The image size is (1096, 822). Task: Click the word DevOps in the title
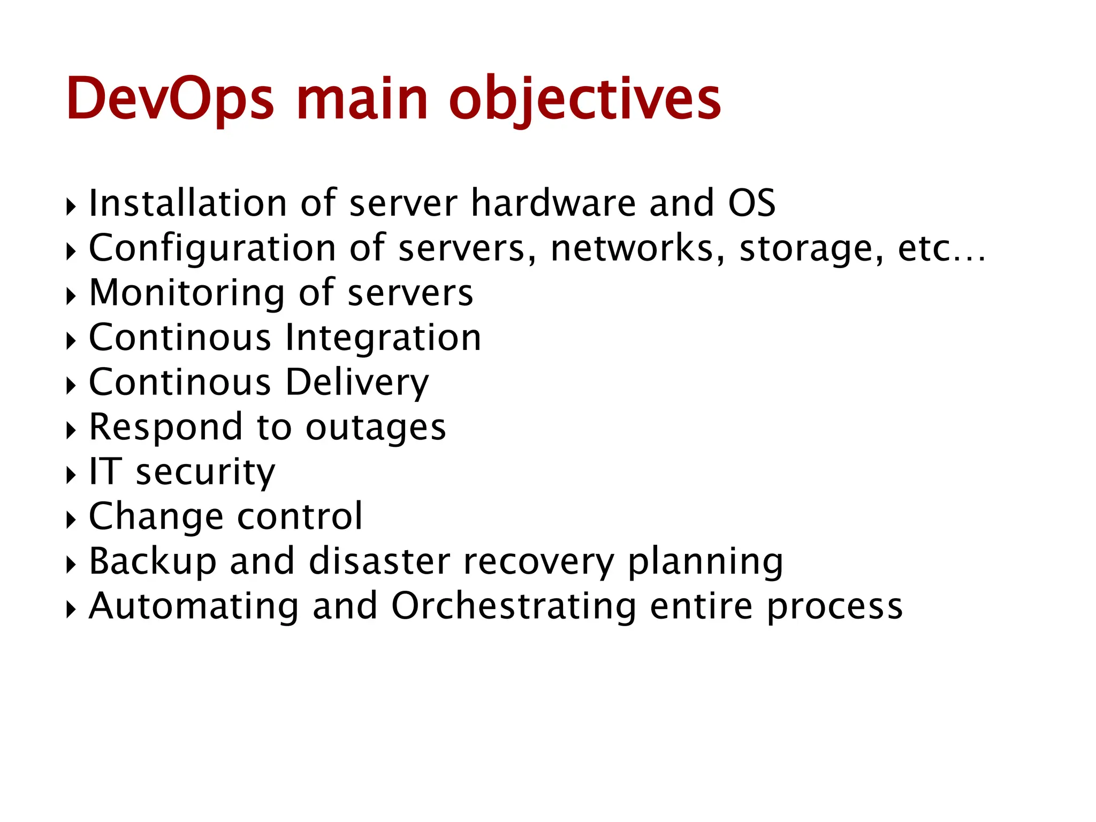(170, 99)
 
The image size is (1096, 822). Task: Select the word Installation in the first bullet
(188, 203)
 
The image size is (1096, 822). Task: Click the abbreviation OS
(751, 203)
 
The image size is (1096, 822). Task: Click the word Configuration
(212, 249)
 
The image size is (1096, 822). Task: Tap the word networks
(637, 249)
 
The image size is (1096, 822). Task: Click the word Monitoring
(187, 294)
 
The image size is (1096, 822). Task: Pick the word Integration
(383, 339)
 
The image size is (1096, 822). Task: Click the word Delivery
(357, 384)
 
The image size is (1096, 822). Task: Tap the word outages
(376, 428)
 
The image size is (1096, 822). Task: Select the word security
(205, 473)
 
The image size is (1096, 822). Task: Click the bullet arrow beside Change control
(71, 519)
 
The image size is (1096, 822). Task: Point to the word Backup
(153, 562)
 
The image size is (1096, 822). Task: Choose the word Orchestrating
(513, 607)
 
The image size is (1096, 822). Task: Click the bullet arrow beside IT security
(71, 475)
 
